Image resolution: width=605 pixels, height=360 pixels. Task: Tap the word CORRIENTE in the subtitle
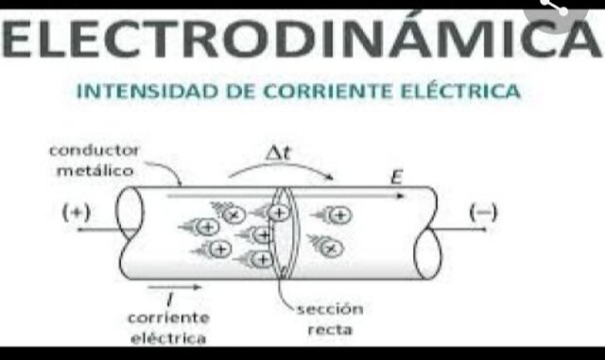coord(331,93)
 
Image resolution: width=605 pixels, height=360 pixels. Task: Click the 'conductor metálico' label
coord(93,161)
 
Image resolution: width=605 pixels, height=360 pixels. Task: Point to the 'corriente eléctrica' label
coord(171,327)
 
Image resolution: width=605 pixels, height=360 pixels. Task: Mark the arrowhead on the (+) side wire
coord(79,229)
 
